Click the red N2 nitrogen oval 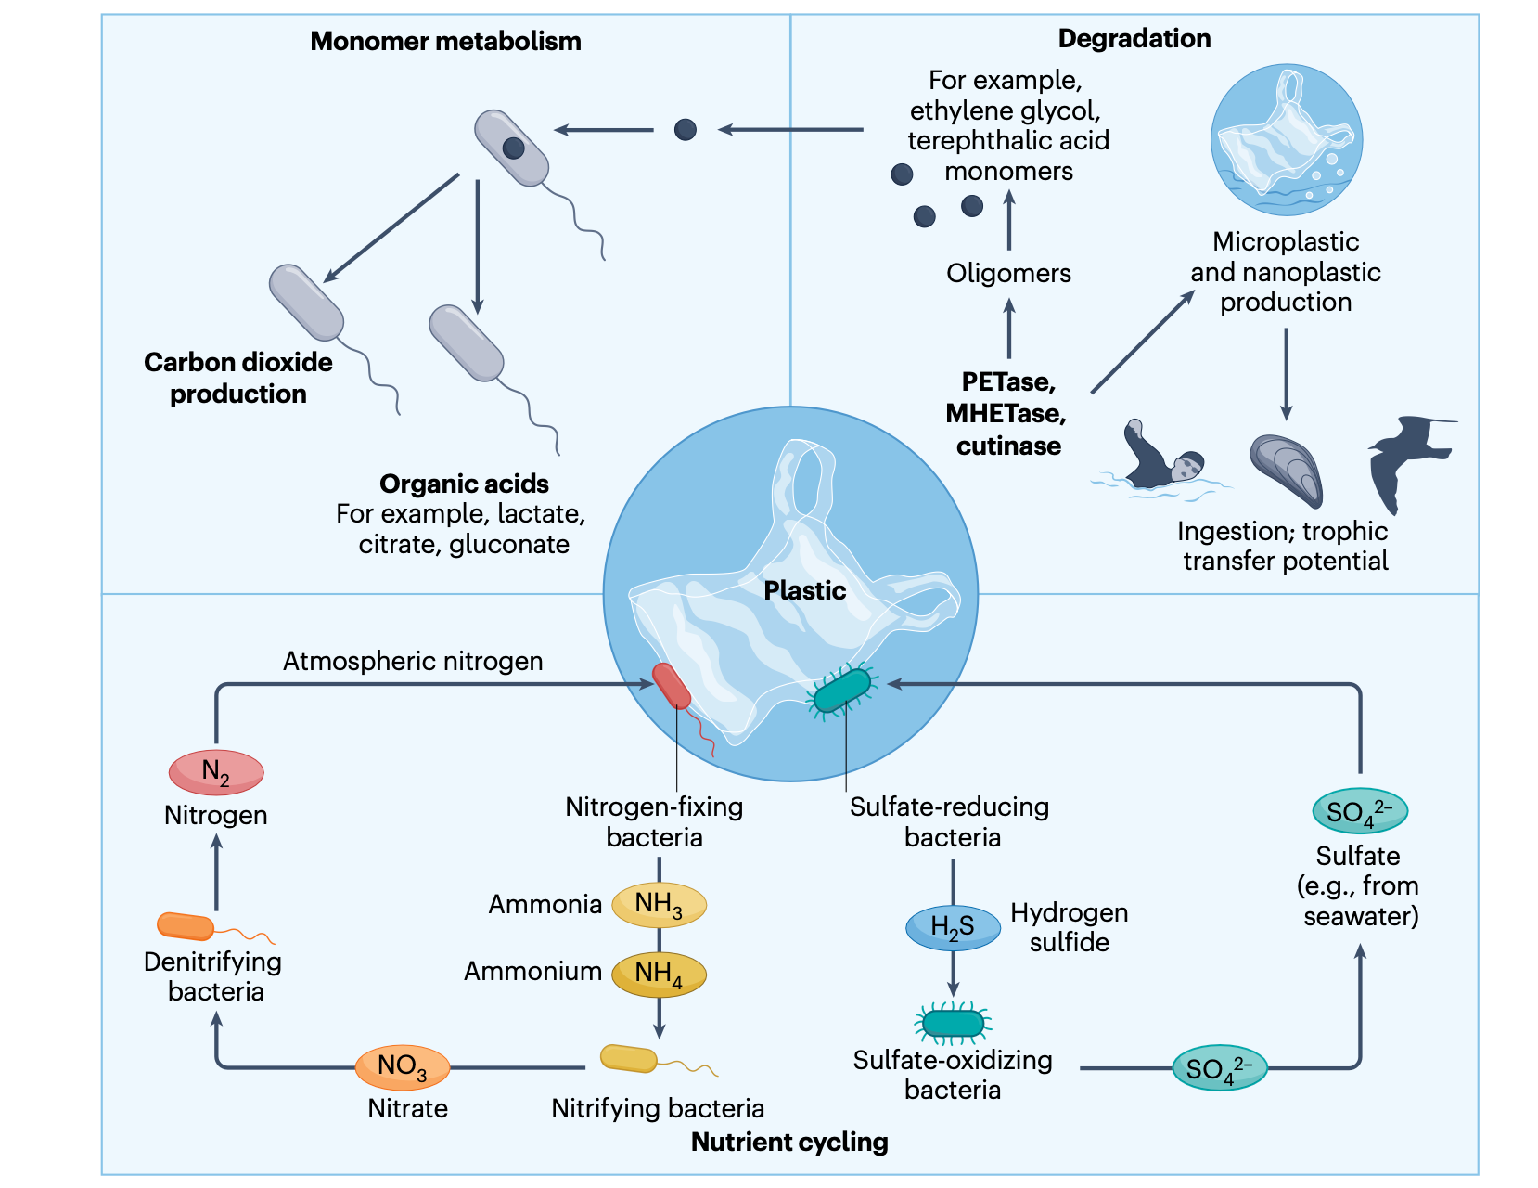coord(216,772)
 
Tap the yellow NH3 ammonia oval coord(660,904)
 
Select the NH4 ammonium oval coord(660,974)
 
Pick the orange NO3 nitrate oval coord(403,1066)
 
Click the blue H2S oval coord(953,927)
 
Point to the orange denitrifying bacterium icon coord(186,926)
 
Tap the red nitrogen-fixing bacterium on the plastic coord(672,686)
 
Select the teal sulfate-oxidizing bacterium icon coord(953,1023)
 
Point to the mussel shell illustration coord(1287,469)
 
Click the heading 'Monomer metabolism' coord(445,42)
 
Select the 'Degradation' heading coord(1134,39)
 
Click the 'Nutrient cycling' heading coord(789,1142)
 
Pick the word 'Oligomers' coord(1008,274)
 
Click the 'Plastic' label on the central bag coord(804,590)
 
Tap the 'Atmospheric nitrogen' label coord(413,662)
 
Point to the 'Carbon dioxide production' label coord(238,378)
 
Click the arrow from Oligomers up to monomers coord(1009,220)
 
